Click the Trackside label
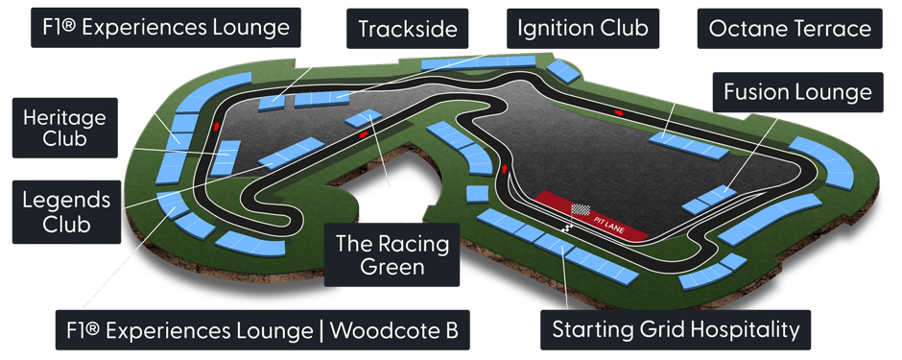(407, 30)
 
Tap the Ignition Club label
(582, 28)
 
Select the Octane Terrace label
(790, 29)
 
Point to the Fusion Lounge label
(797, 92)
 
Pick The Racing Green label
(392, 254)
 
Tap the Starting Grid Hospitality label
(676, 331)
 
